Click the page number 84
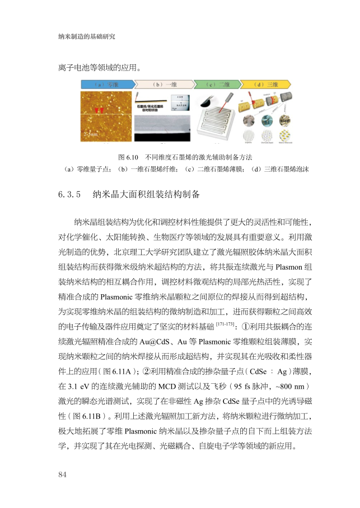pyautogui.click(x=62, y=475)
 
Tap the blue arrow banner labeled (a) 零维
pyautogui.click(x=106, y=84)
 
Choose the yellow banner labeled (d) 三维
pyautogui.click(x=267, y=84)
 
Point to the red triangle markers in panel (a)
pyautogui.click(x=100, y=111)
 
